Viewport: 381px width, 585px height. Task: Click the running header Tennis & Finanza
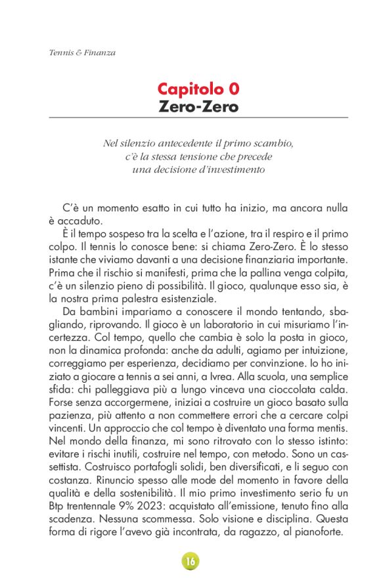83,53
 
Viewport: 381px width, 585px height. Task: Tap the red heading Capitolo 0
198,89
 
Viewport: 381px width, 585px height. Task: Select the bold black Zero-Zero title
198,106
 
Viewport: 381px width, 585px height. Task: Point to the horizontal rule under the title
198,118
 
